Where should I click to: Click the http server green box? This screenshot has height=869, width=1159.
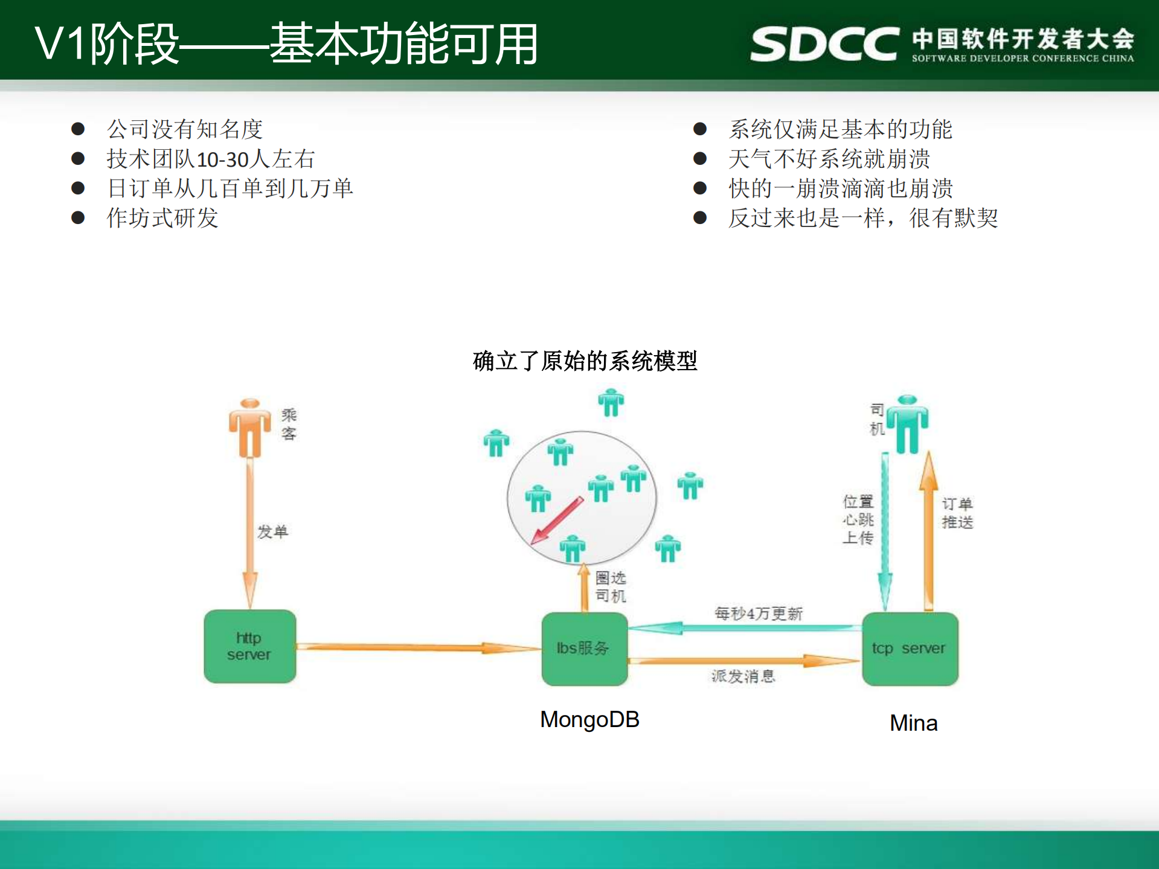point(249,646)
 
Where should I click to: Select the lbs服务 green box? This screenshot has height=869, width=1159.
point(584,649)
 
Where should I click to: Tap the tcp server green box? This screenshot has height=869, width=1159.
point(910,649)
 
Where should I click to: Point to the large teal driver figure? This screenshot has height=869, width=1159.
point(907,424)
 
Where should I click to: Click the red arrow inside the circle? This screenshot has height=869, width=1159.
point(556,521)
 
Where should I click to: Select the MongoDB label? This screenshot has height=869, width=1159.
point(589,719)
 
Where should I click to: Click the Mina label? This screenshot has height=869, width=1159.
point(913,723)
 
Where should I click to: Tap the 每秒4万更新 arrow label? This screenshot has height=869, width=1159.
point(758,614)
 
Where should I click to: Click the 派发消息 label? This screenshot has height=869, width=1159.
point(743,676)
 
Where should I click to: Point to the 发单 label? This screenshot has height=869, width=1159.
point(272,531)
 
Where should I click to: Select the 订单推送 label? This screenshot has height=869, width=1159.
point(957,513)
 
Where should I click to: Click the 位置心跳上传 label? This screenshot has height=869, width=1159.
point(858,519)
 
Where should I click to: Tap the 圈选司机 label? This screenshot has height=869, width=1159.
point(611,586)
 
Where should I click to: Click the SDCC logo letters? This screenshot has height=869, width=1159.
point(824,44)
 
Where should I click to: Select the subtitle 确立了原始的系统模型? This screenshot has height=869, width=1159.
point(585,361)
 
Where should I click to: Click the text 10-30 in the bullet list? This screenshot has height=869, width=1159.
point(223,159)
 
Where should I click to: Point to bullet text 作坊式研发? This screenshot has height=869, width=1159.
point(162,218)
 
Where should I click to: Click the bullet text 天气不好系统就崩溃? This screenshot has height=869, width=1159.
point(829,159)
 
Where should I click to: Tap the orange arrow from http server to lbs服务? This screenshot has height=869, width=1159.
point(417,648)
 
